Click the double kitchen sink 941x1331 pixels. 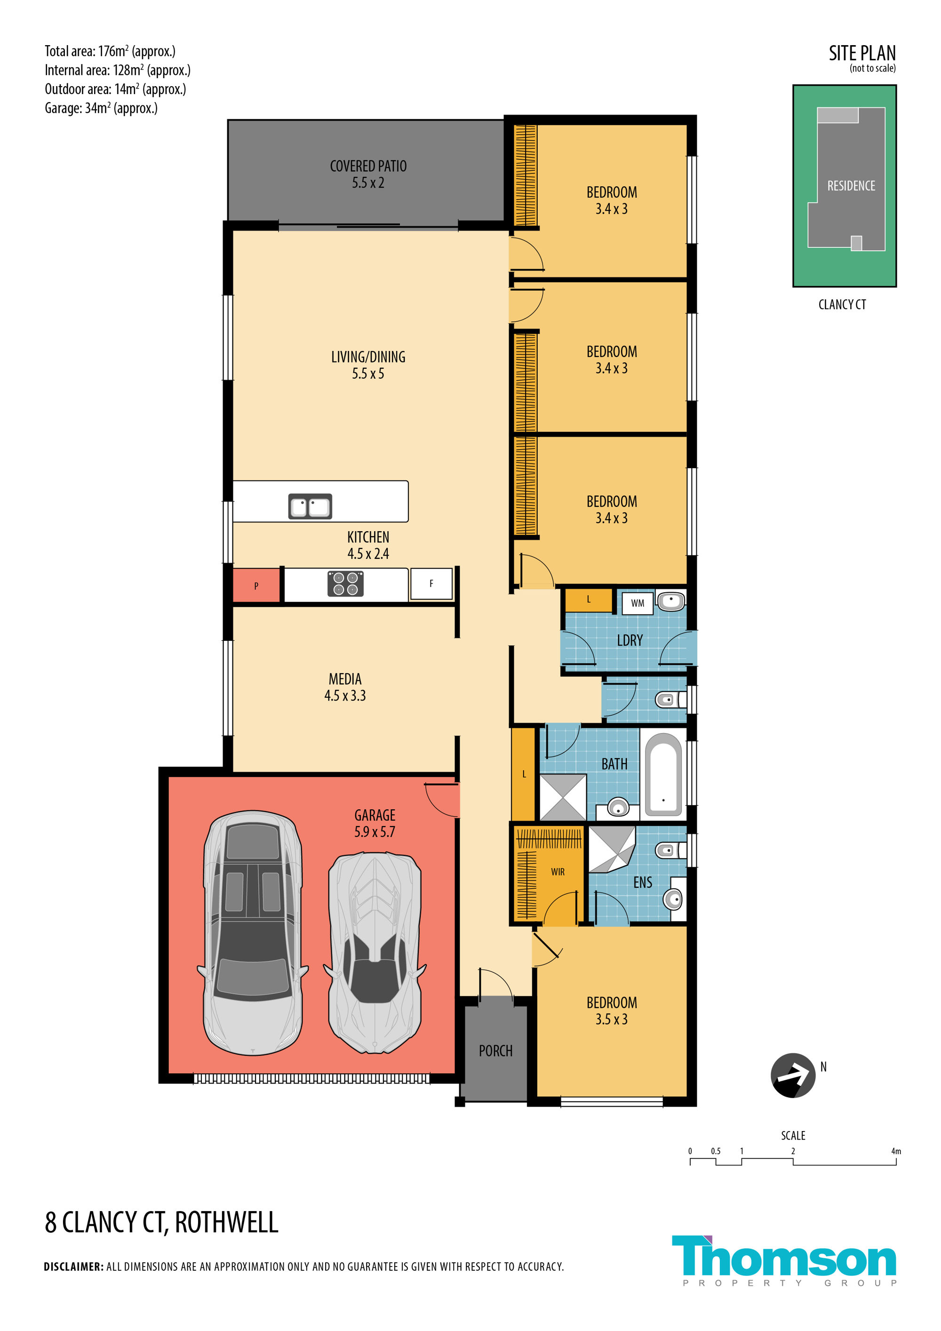[310, 506]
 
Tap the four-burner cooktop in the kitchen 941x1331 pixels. [345, 583]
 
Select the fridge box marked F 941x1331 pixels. [431, 584]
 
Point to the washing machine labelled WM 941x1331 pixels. [637, 603]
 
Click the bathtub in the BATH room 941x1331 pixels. [663, 774]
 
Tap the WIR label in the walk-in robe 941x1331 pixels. [558, 872]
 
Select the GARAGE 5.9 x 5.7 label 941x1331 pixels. [375, 823]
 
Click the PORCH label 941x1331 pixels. [496, 1051]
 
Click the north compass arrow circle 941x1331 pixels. [793, 1076]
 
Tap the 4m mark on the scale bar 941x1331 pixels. [896, 1151]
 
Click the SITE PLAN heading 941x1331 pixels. [862, 53]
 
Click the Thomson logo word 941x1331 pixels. [784, 1256]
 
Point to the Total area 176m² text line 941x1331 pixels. [110, 51]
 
